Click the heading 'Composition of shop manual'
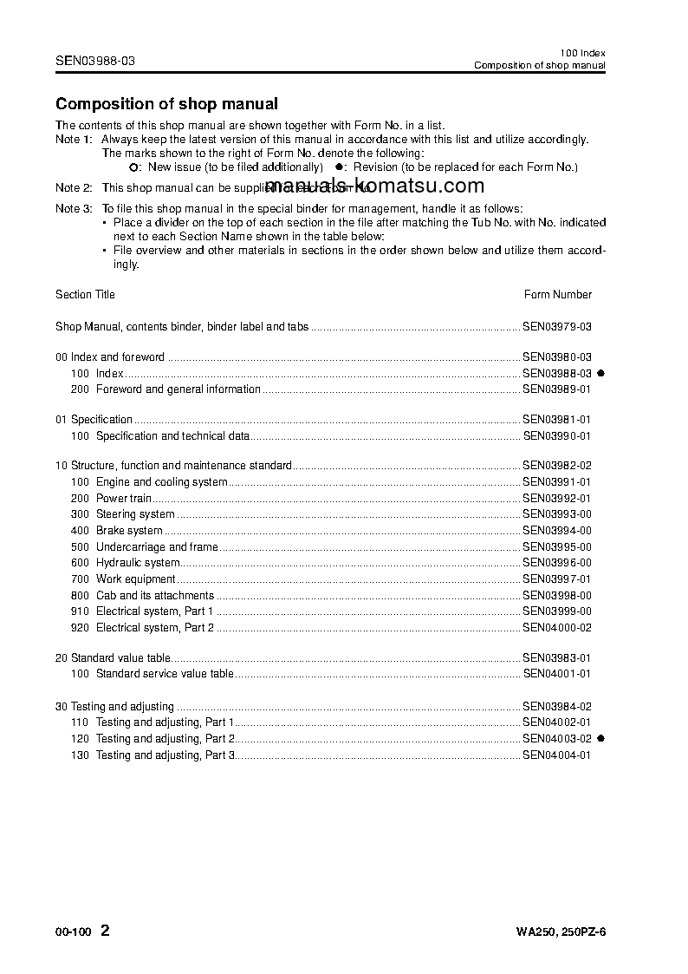point(166,104)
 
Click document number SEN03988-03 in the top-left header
point(95,61)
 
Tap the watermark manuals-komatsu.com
point(374,186)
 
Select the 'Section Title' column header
point(85,295)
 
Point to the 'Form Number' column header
point(558,295)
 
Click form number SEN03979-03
point(557,328)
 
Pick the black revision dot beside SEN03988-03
point(600,373)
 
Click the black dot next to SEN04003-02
point(600,739)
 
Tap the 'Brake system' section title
point(129,531)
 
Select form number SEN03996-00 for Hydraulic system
point(557,563)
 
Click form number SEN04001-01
point(557,674)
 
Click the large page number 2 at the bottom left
point(106,932)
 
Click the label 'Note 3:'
point(74,209)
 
